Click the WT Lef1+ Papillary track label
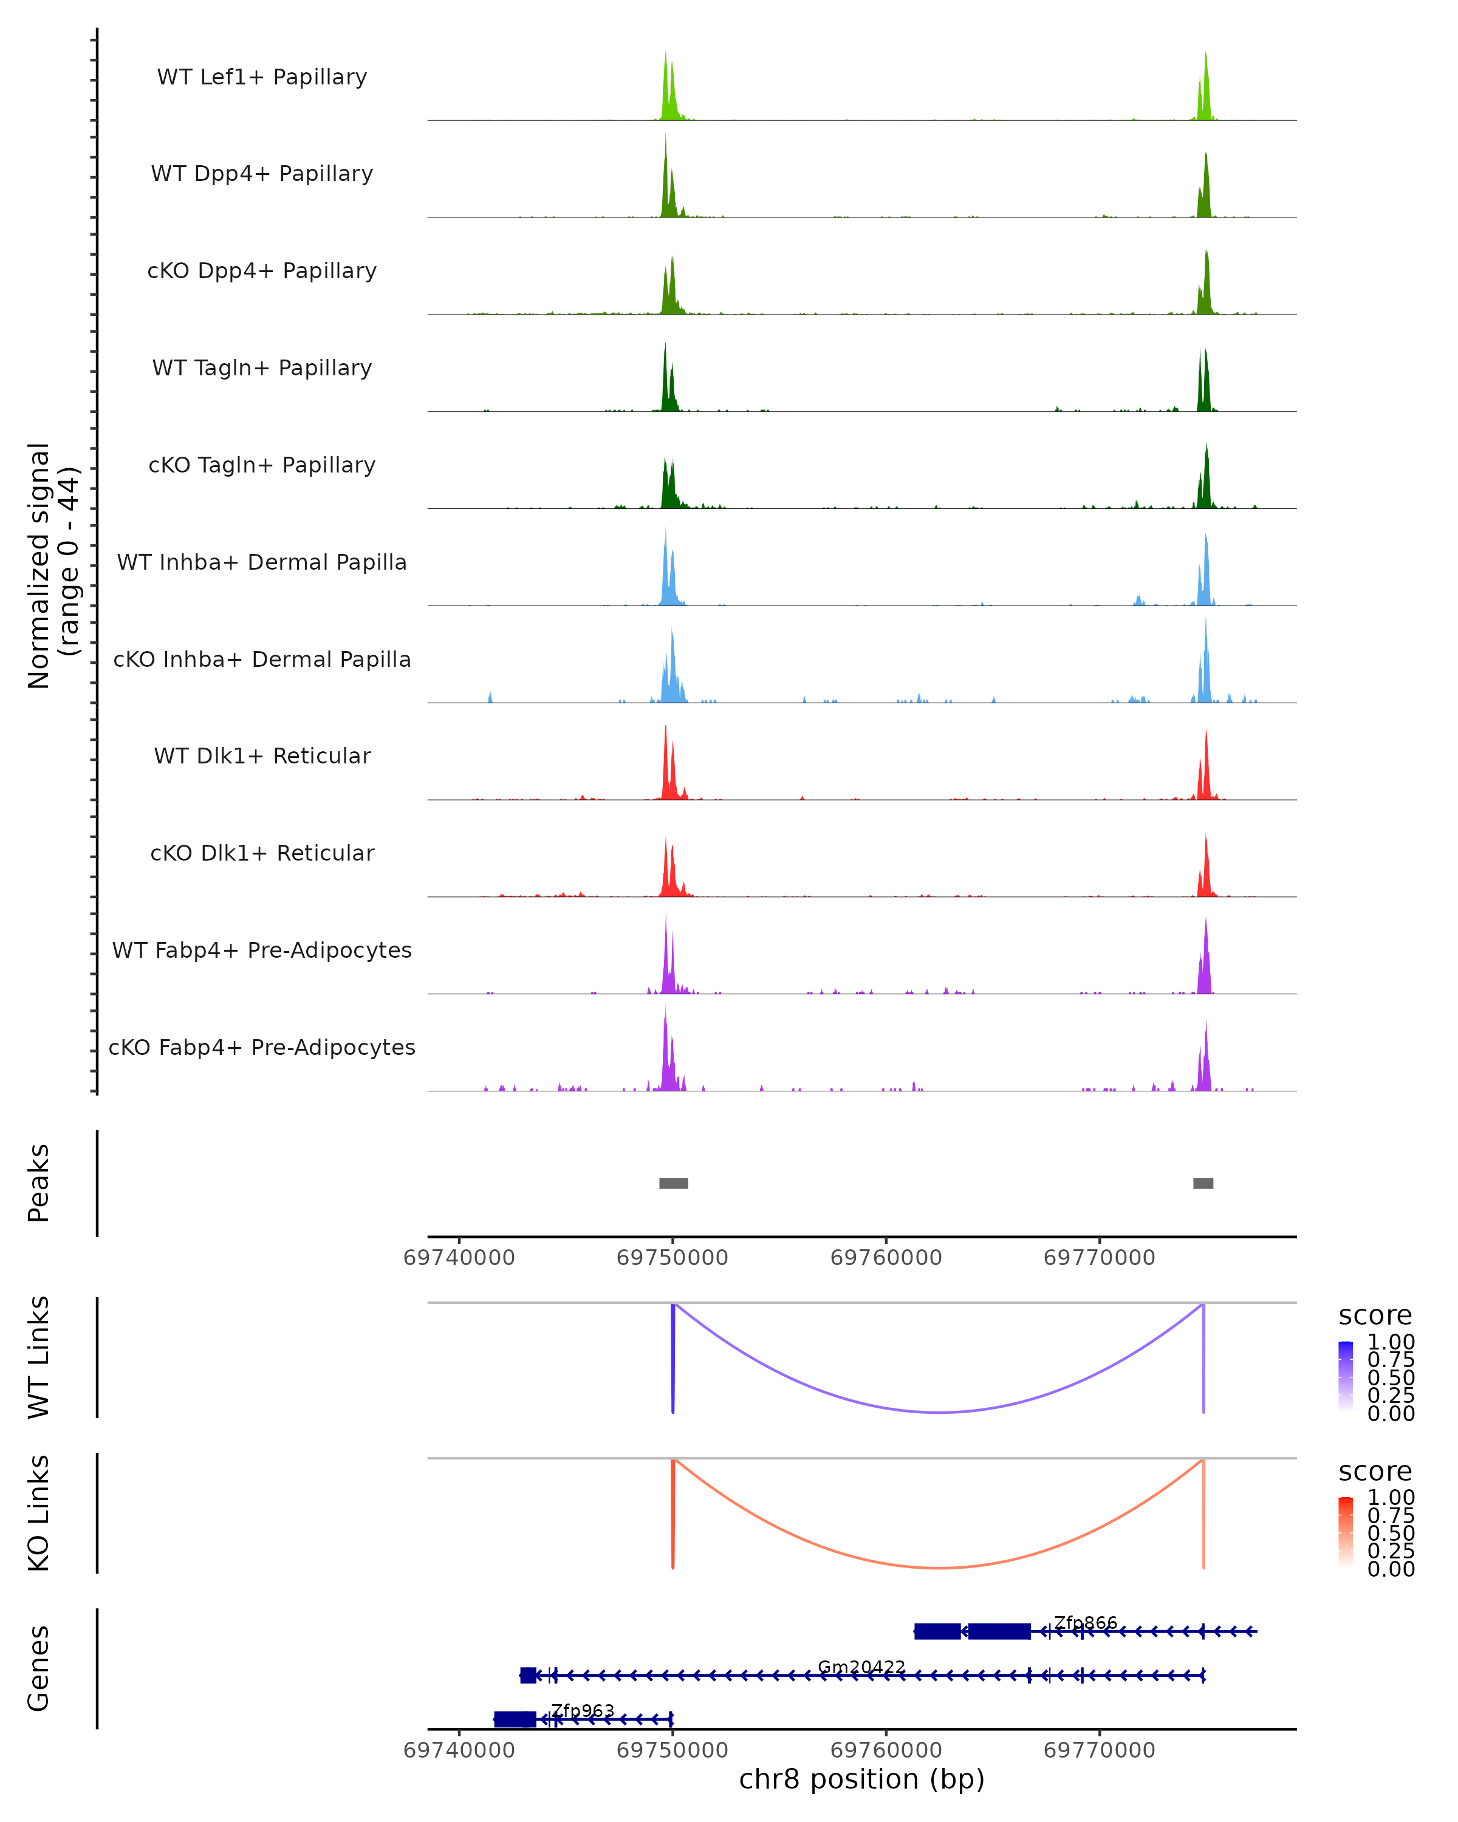tap(262, 77)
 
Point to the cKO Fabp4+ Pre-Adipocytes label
tap(262, 1047)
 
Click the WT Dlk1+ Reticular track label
tap(262, 756)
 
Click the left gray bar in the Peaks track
tap(674, 1183)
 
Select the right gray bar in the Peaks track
tap(1203, 1183)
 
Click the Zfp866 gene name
tap(1085, 1623)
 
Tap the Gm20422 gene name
tap(861, 1667)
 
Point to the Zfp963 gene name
tap(583, 1710)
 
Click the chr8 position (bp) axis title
tap(861, 1779)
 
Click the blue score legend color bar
tap(1346, 1376)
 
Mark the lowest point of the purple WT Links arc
tap(939, 1411)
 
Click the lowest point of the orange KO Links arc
tap(939, 1568)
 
